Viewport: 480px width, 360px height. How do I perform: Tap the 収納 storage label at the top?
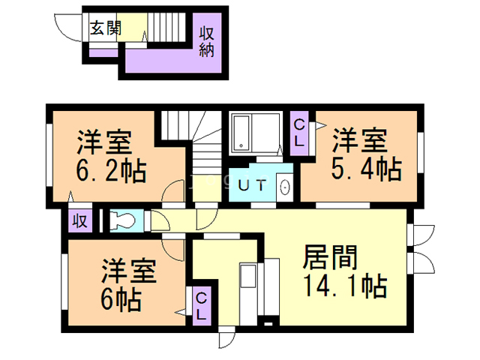tap(207, 42)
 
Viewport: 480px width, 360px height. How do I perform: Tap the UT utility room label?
tap(251, 185)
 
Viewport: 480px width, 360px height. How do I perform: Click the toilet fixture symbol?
tap(123, 220)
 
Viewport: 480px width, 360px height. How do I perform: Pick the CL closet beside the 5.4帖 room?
tap(298, 133)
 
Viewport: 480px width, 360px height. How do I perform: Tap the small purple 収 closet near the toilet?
tap(79, 220)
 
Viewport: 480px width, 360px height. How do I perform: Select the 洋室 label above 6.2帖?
tap(104, 141)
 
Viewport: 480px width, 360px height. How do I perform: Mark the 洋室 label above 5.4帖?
tap(360, 141)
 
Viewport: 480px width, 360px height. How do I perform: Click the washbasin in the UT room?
tap(285, 186)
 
